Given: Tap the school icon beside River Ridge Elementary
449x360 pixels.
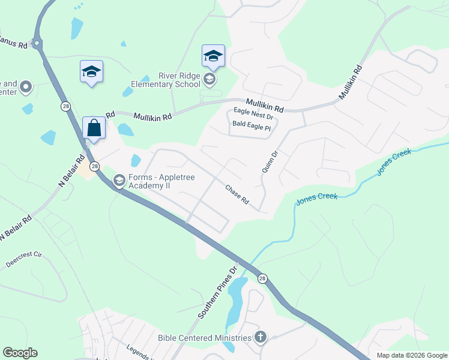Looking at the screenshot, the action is [209, 79].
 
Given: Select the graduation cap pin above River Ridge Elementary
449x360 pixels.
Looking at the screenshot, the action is [213, 56].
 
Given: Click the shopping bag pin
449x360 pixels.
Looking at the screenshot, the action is [94, 128].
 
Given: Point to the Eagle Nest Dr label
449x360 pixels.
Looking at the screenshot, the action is [253, 112].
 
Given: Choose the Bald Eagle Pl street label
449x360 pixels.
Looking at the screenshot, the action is [252, 127].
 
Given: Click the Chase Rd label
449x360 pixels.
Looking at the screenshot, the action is [237, 194].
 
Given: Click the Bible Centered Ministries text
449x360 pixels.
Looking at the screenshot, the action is [204, 338].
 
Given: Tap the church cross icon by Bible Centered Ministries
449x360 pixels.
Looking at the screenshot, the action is [260, 337].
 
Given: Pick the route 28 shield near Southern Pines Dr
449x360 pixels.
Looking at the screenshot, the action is [262, 278].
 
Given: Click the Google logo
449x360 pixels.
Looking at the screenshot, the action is [20, 353].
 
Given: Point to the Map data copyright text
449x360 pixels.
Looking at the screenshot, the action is [411, 355].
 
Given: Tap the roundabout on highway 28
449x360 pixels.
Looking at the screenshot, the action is [38, 43].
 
